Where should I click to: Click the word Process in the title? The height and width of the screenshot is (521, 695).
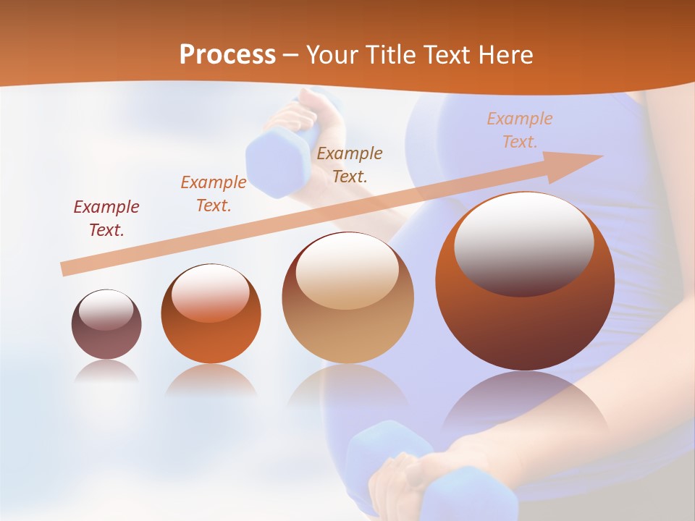[227, 54]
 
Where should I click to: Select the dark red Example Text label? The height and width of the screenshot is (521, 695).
[106, 219]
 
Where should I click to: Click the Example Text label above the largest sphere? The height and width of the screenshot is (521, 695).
[519, 130]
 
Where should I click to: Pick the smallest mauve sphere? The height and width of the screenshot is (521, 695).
[106, 324]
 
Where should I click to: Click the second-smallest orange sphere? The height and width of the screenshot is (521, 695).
[211, 314]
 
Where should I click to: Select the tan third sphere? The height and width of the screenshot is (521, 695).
[347, 297]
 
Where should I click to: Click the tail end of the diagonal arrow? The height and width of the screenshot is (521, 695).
[67, 268]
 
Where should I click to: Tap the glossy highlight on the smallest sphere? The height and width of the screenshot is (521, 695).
[106, 310]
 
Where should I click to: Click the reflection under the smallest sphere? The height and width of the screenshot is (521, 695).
[106, 373]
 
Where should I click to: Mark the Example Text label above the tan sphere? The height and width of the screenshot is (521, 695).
[350, 164]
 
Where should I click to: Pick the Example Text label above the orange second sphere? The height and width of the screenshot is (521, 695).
[214, 194]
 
